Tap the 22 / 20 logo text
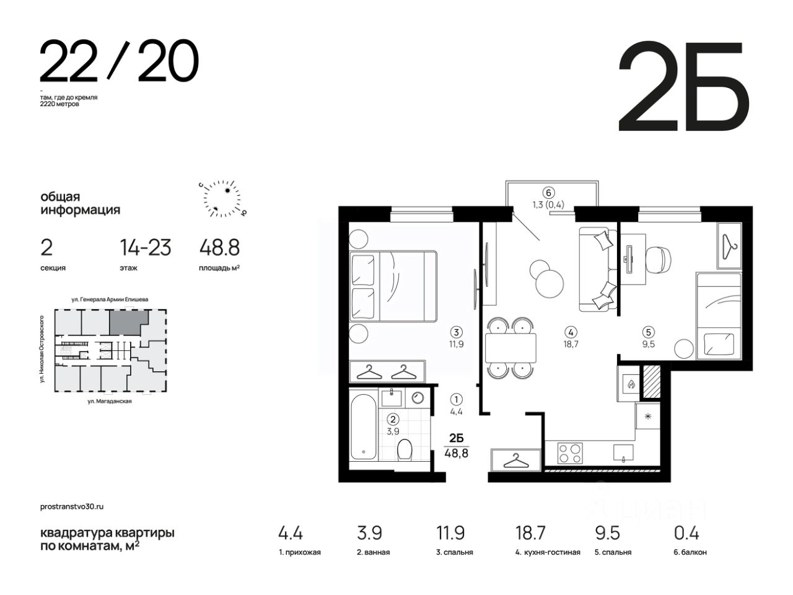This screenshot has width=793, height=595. coord(119,60)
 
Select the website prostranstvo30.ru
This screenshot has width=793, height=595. coord(72,506)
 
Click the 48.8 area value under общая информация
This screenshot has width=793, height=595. coord(220,247)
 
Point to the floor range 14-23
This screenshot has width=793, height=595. coord(145,247)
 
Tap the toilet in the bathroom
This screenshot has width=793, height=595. coord(405,449)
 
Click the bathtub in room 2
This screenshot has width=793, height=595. coord(364,426)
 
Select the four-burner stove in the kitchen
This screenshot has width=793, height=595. coord(570,453)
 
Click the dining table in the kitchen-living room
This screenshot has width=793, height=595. coord(510,348)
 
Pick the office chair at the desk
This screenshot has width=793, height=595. coord(659,260)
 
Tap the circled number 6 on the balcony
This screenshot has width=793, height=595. coord(548,193)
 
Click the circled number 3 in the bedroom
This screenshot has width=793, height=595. coord(457,332)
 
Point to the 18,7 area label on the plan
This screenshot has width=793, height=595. coord(571,344)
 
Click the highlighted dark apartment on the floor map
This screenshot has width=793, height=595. coord(127,322)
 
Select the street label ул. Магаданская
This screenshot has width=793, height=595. coord(110,401)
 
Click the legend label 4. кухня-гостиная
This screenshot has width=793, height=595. coord(548,552)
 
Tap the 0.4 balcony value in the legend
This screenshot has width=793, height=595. coord(687,533)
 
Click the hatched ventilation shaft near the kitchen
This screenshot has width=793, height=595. coord(651,382)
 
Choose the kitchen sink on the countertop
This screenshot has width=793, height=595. coord(623,453)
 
